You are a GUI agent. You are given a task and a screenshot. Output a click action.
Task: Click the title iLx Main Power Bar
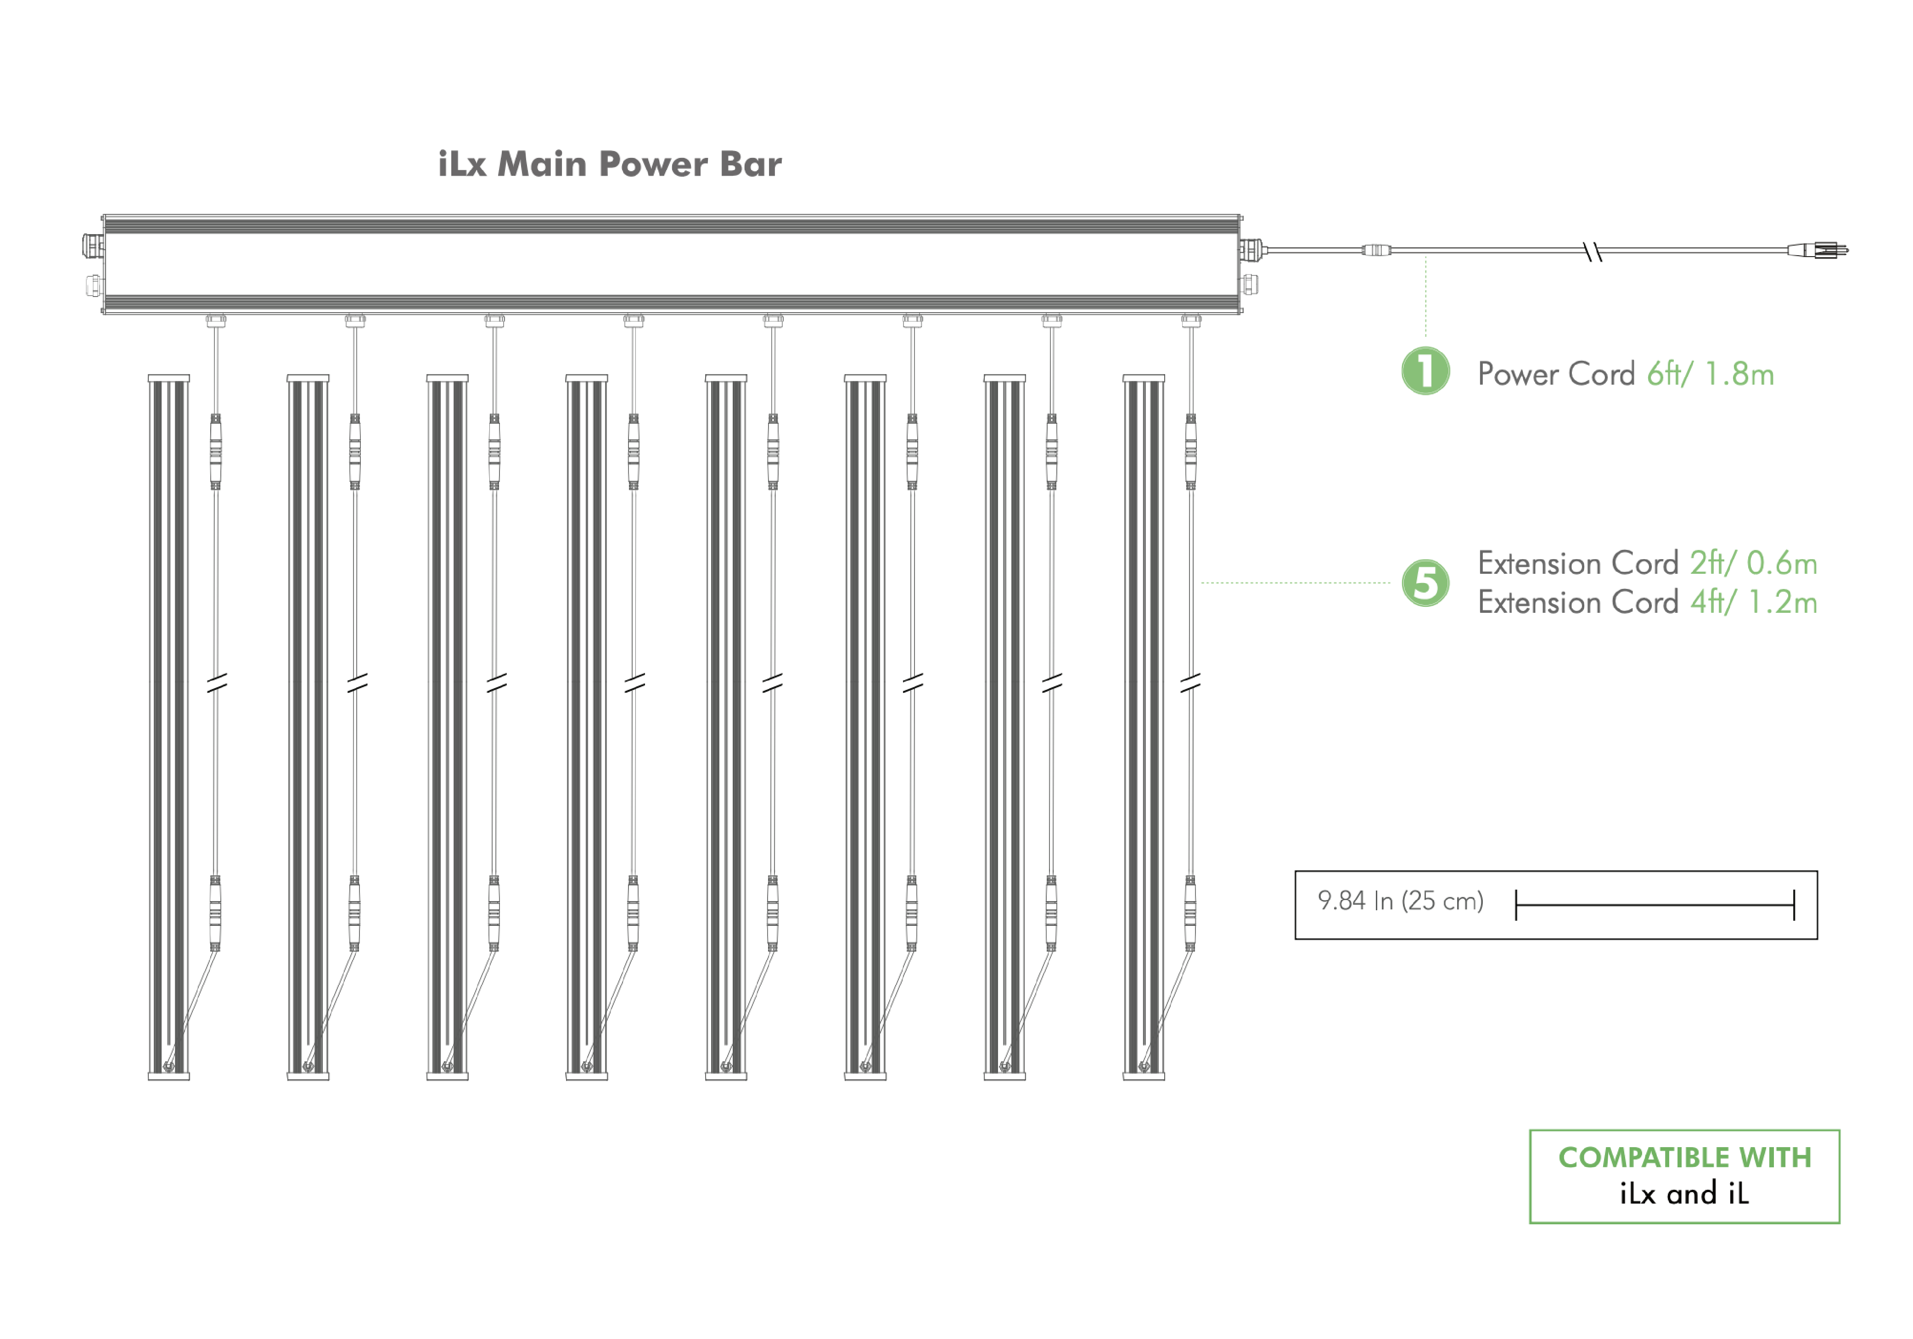click(610, 164)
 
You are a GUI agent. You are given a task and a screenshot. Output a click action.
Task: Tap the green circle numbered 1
click(1425, 371)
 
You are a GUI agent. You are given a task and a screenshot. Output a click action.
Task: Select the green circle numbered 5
click(1425, 583)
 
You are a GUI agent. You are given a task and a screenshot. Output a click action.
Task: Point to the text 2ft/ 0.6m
click(1754, 563)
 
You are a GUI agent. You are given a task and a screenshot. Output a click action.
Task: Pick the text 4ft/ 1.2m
click(1754, 602)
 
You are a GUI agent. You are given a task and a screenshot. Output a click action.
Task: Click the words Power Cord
click(1556, 374)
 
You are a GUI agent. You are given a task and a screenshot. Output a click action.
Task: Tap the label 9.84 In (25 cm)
click(1401, 901)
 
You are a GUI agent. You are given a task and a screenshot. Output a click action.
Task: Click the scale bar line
click(1655, 904)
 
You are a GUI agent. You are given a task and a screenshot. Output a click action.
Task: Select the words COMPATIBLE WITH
click(1685, 1157)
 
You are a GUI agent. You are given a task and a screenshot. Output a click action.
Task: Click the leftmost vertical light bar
click(169, 728)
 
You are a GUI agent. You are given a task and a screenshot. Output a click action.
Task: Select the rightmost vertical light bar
click(1144, 728)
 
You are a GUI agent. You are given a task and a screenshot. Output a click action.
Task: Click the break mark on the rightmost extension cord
click(1190, 683)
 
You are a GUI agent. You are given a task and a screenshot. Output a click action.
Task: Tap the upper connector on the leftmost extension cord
click(216, 451)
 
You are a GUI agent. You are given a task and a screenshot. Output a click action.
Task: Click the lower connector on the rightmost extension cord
click(1190, 913)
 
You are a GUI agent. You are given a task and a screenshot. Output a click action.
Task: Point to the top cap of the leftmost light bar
click(169, 378)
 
